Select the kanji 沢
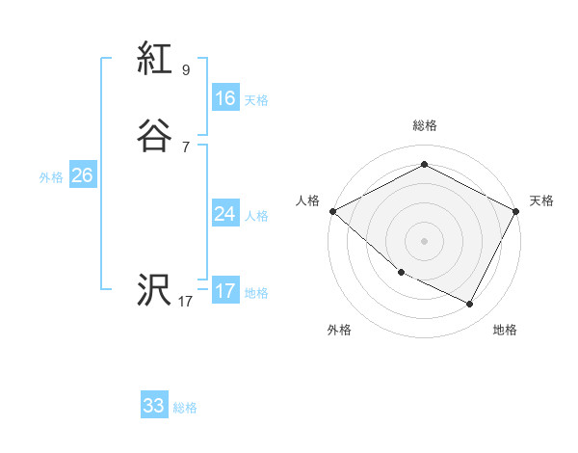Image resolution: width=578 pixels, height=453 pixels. coord(154,291)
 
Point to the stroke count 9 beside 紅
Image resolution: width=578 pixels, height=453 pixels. coord(185,70)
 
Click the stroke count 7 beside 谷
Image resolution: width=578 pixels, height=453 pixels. coord(185,147)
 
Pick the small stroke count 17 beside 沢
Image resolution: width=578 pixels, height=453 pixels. coord(185,302)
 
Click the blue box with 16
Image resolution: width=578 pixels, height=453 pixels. coord(224,97)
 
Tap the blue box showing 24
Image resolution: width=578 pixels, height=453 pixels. coord(224,214)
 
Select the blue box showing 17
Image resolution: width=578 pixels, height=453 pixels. coord(224,291)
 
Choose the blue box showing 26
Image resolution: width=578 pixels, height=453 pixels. coord(82,175)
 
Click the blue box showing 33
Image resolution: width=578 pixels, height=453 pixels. coord(154,406)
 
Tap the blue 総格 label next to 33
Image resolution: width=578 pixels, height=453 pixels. coord(185,408)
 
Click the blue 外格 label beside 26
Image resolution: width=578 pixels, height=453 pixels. coord(51,177)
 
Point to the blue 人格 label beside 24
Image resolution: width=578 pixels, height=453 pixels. coord(256,216)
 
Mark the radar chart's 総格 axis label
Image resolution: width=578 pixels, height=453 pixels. coord(424,125)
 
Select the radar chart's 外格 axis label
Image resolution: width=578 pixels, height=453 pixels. coord(339,330)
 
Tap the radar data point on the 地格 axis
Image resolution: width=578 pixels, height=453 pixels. coord(470,305)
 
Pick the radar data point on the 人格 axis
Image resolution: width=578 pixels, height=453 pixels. coord(332,211)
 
